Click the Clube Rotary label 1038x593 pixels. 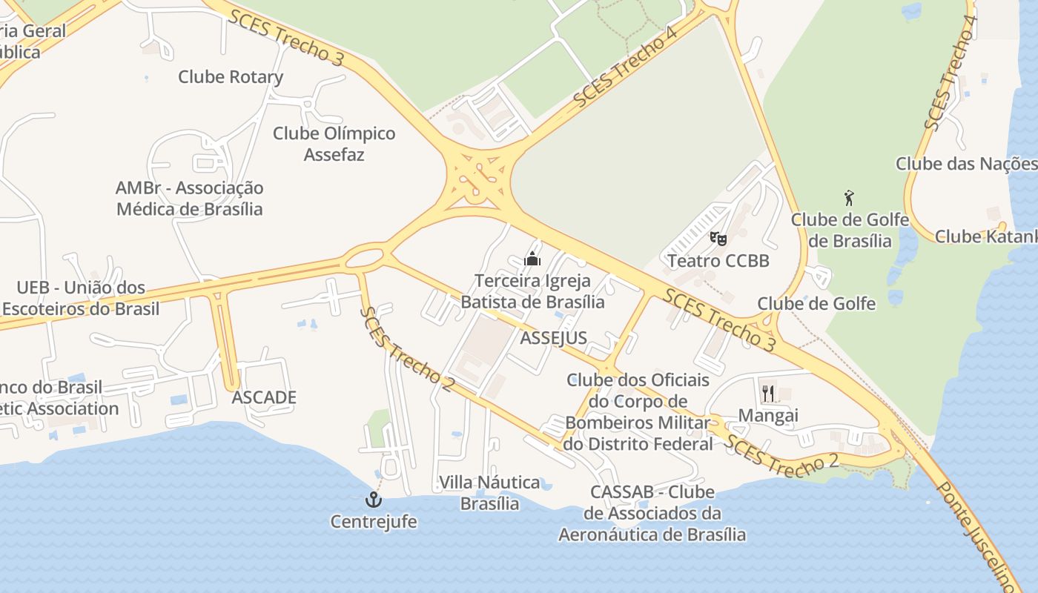tap(231, 77)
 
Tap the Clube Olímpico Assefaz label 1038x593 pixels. tap(334, 144)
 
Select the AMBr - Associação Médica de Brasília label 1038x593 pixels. tap(190, 199)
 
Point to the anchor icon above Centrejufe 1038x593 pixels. tap(374, 500)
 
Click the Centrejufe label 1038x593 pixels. tap(374, 522)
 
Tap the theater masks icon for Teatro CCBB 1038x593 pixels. tap(718, 239)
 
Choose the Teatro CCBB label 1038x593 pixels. tap(718, 261)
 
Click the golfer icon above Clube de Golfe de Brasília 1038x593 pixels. tap(850, 198)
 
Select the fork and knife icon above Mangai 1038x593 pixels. tap(767, 393)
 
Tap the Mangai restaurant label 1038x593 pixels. tap(768, 415)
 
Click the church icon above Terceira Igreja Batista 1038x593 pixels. tap(532, 259)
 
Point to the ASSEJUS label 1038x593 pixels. tap(554, 338)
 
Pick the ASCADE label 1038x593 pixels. tap(264, 397)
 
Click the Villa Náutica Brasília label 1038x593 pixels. tap(489, 493)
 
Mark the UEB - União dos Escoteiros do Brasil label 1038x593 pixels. tap(81, 298)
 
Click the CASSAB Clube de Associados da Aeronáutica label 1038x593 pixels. tap(652, 513)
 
